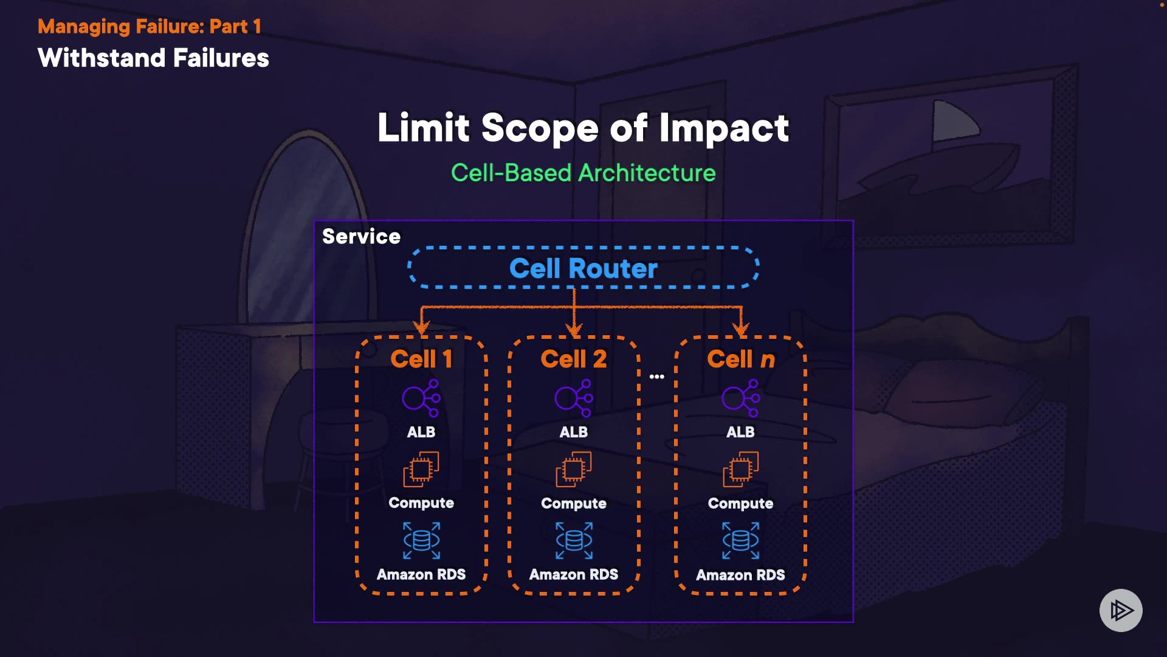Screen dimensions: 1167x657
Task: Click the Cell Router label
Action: click(x=583, y=268)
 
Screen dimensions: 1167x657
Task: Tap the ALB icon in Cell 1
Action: click(x=421, y=398)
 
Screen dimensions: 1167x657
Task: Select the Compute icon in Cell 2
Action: click(x=574, y=469)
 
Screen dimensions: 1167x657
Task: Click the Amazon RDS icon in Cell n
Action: click(x=740, y=540)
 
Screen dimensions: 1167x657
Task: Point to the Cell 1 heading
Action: click(x=421, y=359)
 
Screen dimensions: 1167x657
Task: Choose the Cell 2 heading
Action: click(x=574, y=359)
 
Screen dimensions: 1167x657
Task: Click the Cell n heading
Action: click(x=741, y=359)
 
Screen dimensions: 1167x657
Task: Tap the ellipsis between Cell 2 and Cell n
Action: click(x=657, y=377)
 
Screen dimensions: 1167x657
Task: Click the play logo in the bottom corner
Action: click(x=1121, y=610)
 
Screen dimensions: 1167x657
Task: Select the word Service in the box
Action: click(x=361, y=237)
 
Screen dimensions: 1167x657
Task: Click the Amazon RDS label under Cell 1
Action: click(x=421, y=574)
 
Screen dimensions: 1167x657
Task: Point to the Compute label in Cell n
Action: click(x=740, y=503)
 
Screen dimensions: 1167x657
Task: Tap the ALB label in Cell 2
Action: click(x=574, y=432)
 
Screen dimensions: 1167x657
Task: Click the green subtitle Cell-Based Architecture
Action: click(x=583, y=173)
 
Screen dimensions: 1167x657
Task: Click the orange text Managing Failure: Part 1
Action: click(x=150, y=26)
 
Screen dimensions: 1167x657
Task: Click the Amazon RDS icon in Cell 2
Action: click(x=574, y=540)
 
